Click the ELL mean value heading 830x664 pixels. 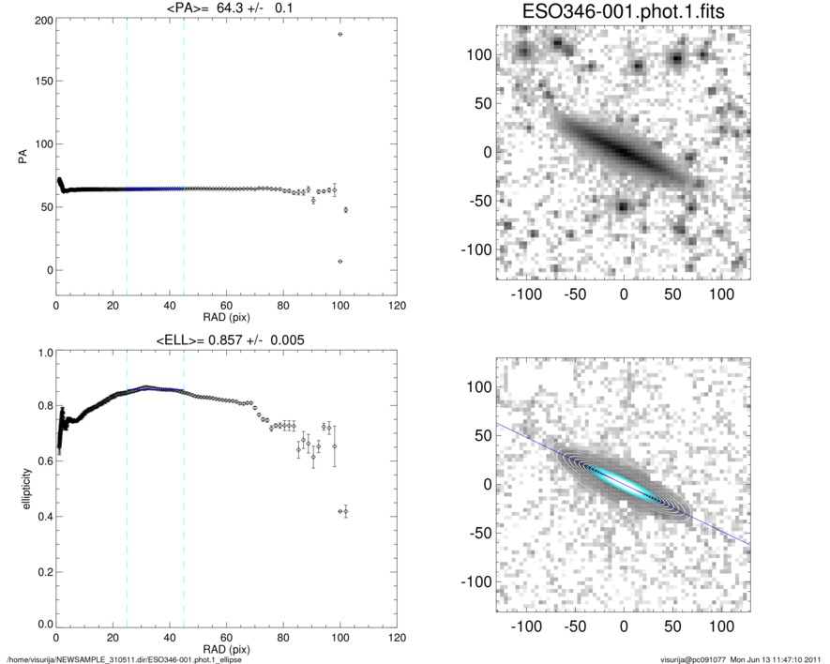point(226,340)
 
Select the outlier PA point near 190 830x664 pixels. point(340,34)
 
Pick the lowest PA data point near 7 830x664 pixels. point(340,261)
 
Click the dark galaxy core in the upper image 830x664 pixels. point(623,150)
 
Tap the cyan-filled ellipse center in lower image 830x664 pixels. point(623,482)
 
